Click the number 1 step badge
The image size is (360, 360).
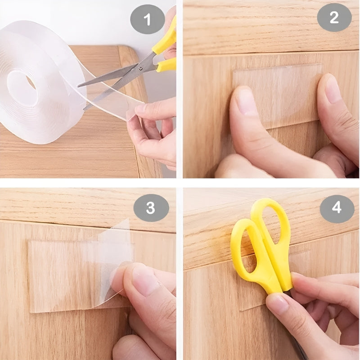coord(148,19)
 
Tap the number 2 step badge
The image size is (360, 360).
coord(334,18)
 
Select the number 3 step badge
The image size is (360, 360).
coord(151,208)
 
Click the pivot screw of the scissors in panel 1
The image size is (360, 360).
coord(140,68)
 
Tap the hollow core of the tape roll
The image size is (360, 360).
coord(22,88)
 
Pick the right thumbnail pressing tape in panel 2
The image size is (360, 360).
coord(331,88)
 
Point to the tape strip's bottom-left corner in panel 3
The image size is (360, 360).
coord(31,312)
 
